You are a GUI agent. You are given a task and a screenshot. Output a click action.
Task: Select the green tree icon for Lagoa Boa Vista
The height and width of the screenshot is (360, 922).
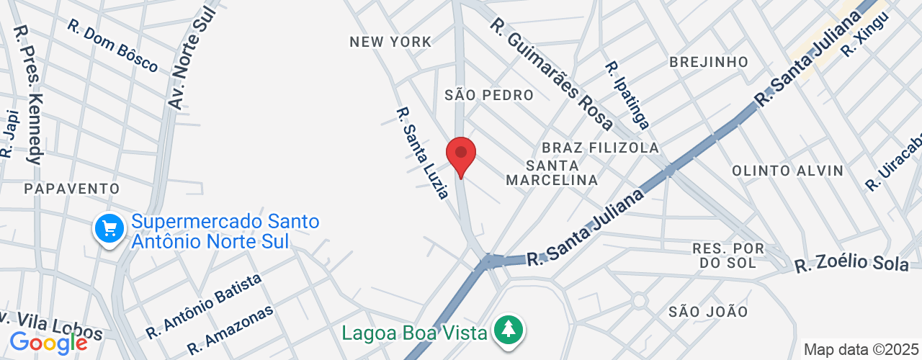tap(509, 331)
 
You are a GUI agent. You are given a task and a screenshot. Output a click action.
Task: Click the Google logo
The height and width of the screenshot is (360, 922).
tap(48, 342)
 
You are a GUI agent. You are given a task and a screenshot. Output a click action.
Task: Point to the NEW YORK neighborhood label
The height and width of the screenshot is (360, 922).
tap(390, 42)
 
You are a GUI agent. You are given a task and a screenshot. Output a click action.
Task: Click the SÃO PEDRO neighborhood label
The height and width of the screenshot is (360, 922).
tap(489, 95)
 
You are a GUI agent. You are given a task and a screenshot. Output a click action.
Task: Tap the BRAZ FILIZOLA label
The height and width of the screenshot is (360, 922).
tap(600, 148)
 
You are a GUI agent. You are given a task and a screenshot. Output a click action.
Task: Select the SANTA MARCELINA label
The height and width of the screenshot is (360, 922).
tap(552, 172)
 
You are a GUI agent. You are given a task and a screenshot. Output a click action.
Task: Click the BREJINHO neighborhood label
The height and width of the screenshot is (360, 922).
tap(709, 62)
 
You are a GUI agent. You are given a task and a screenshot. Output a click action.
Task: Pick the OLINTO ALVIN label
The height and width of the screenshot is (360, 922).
tap(787, 171)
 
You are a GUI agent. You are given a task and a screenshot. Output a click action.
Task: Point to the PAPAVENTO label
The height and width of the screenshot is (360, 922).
tap(71, 189)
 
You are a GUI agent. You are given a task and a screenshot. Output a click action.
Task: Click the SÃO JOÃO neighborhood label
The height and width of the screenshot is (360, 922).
tap(708, 311)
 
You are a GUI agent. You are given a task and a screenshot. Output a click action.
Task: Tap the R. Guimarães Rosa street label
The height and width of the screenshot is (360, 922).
tap(552, 74)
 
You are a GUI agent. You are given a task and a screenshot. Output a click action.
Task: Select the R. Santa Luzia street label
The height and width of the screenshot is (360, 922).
tap(424, 153)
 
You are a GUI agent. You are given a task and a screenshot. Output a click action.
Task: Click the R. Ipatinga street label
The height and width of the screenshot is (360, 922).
tap(627, 94)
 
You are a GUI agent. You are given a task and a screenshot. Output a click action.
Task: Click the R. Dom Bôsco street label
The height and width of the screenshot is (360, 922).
tap(112, 46)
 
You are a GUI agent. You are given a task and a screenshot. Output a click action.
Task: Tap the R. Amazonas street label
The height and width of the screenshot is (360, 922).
tap(230, 330)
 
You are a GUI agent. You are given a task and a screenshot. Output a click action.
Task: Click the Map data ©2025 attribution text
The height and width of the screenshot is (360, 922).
tap(861, 350)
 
